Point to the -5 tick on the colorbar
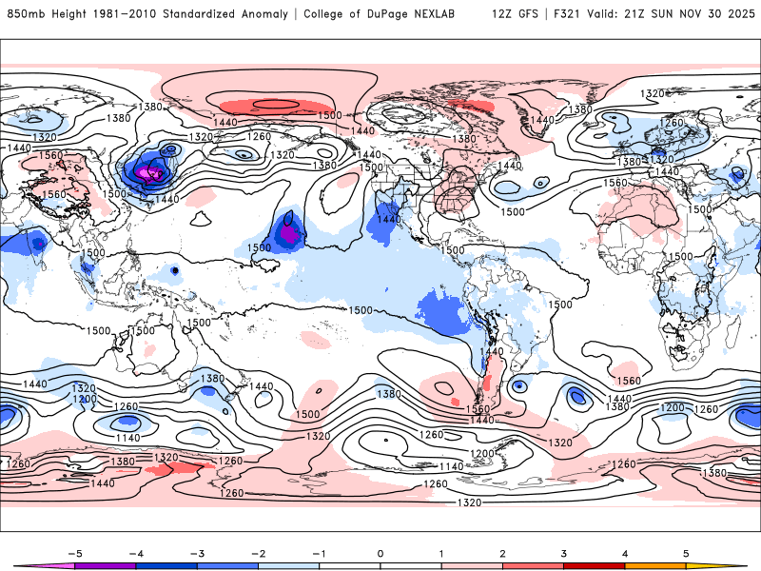pos(74,553)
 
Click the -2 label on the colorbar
pos(258,553)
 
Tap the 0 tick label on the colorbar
pos(380,553)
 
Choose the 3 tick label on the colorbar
pos(564,553)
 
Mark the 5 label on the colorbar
pos(686,553)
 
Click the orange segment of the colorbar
pos(655,565)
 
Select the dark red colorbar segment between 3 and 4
pos(595,565)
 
